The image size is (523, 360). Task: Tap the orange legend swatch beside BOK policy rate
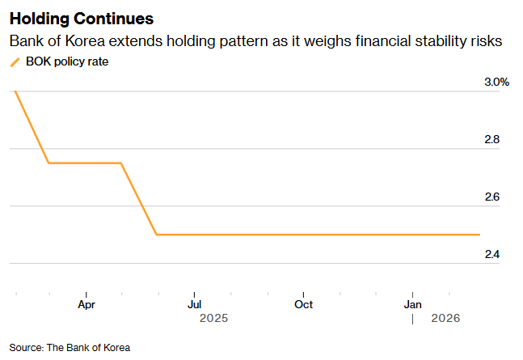click(x=14, y=62)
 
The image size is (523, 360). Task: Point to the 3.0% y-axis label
click(x=496, y=83)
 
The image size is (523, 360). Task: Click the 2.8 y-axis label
click(x=491, y=140)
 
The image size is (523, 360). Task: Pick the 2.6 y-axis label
click(x=491, y=197)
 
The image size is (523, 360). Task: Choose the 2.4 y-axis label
click(x=491, y=255)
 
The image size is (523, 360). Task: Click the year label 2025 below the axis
click(x=213, y=319)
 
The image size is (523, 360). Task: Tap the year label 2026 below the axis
click(x=445, y=319)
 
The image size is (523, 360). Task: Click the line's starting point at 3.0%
click(x=15, y=91)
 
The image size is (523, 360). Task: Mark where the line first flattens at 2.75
click(x=49, y=163)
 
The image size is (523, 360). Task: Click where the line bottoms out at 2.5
click(x=156, y=235)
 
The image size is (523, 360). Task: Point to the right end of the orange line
click(x=479, y=235)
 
